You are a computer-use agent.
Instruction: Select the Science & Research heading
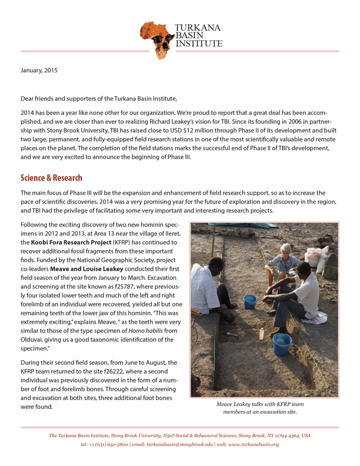coord(51,178)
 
